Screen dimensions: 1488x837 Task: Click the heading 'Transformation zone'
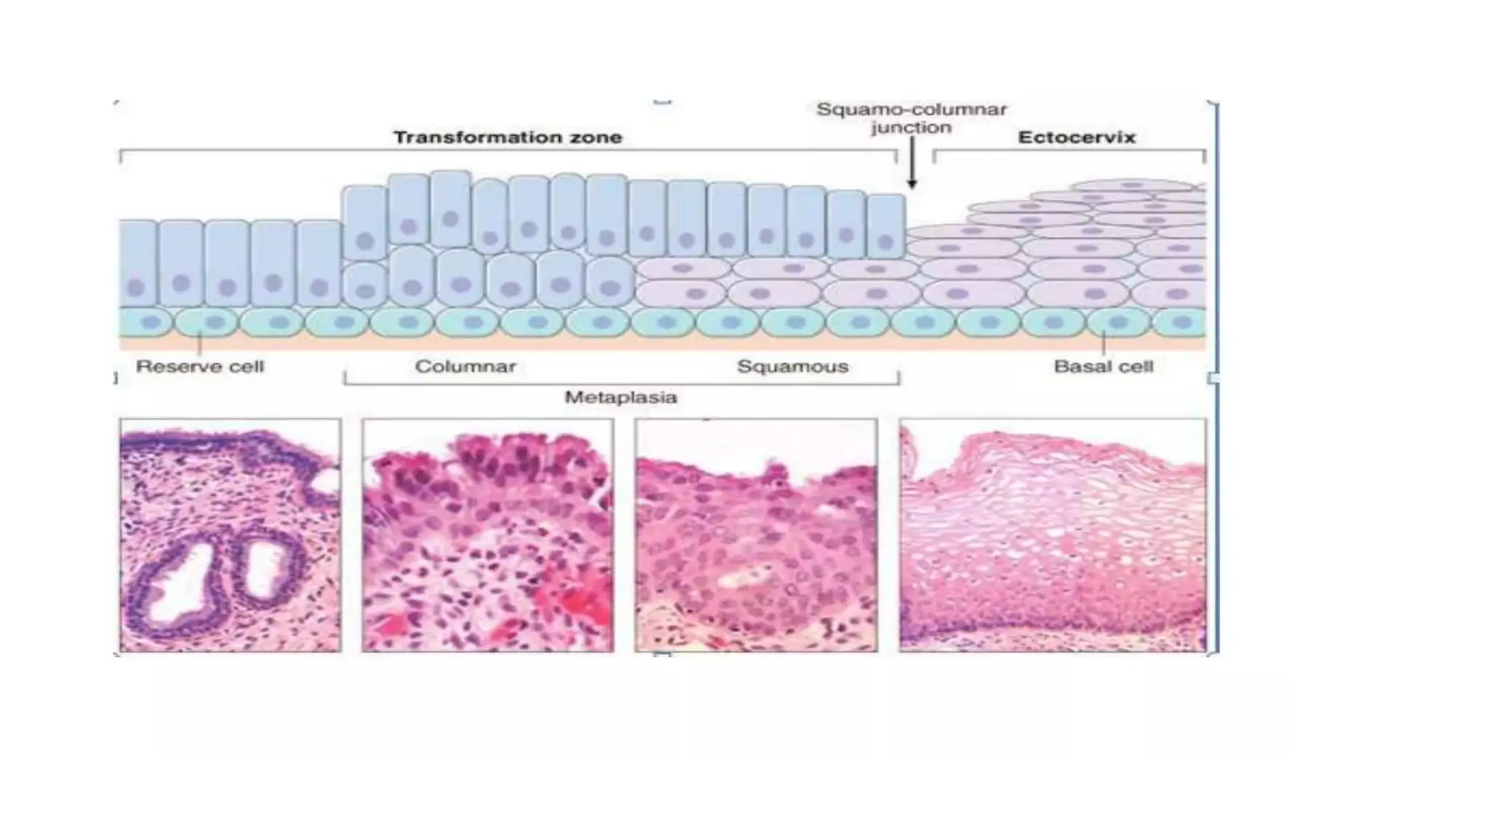(507, 137)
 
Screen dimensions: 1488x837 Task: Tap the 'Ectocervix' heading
(1076, 137)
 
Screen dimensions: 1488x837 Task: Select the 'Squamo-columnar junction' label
(911, 118)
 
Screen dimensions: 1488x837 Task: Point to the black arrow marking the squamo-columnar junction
(912, 166)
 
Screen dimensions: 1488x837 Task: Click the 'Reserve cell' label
(200, 366)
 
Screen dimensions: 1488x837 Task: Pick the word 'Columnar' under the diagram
(465, 366)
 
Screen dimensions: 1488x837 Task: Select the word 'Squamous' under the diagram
(792, 366)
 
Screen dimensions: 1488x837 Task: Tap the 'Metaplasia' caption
(620, 397)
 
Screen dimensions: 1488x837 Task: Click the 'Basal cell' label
(1103, 366)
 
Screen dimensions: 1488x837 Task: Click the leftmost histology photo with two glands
(230, 535)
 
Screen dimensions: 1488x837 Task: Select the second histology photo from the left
(488, 535)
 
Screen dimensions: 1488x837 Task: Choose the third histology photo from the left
(756, 535)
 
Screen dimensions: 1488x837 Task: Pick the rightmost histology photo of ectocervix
(1052, 535)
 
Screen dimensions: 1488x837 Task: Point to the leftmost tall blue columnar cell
(137, 263)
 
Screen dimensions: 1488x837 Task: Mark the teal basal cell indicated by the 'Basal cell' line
(1117, 322)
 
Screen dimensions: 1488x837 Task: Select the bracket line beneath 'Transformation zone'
(507, 151)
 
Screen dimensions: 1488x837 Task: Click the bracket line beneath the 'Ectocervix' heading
(1069, 151)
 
